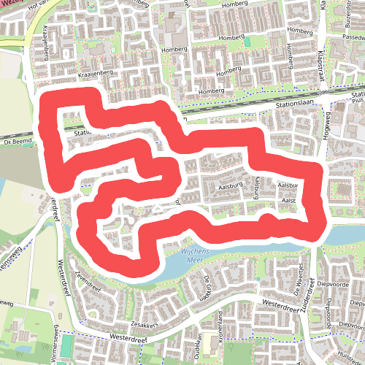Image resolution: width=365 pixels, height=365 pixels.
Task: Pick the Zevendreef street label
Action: point(87,283)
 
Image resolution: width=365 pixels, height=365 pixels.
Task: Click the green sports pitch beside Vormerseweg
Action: point(68,344)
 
